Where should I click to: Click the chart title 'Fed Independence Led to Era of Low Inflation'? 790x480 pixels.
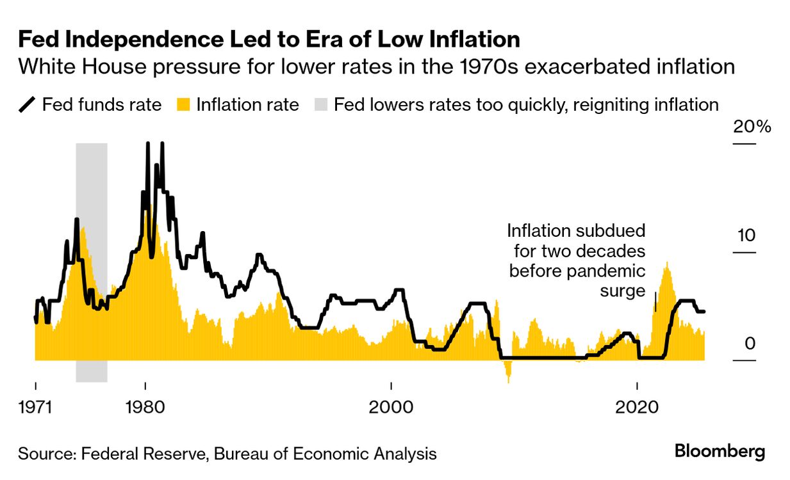[x=268, y=40]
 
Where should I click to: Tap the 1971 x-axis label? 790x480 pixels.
[x=35, y=408]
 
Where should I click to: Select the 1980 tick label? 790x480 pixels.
[x=146, y=408]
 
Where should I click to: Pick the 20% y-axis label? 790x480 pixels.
[x=752, y=127]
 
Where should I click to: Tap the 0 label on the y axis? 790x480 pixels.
[x=750, y=344]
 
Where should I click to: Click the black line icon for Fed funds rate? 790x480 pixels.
[x=27, y=105]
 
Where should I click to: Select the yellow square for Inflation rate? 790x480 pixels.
[x=184, y=105]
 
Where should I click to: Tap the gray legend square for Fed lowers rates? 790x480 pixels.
[x=321, y=105]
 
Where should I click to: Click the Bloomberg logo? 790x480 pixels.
[x=720, y=452]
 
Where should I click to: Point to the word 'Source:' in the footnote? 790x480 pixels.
[x=45, y=454]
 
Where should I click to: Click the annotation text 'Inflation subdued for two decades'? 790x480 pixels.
[x=577, y=241]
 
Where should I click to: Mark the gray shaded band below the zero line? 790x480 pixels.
[x=91, y=371]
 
